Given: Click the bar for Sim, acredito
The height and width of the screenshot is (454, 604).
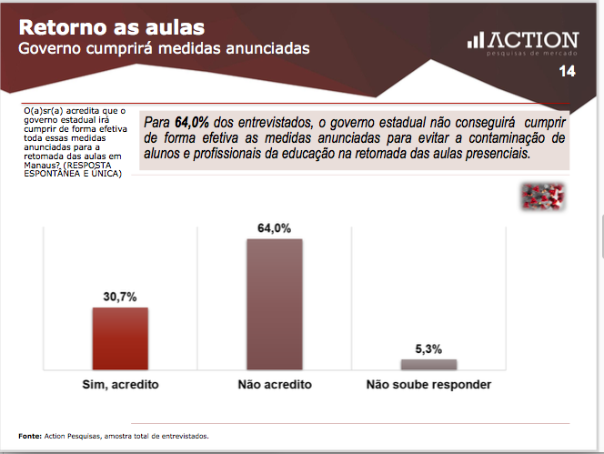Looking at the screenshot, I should [x=120, y=338].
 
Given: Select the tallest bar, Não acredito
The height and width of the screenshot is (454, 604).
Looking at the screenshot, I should [x=274, y=303].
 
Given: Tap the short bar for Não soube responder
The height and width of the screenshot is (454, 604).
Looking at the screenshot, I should [x=428, y=364].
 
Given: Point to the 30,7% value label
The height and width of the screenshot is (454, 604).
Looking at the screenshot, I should [x=120, y=297].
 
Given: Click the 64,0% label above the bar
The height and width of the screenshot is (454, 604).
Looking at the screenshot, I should [x=274, y=228].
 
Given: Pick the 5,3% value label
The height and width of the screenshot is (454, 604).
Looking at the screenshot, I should [x=428, y=348].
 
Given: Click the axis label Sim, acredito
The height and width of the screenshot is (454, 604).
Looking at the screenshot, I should [x=120, y=385].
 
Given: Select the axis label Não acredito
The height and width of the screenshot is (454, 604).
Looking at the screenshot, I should [x=274, y=385].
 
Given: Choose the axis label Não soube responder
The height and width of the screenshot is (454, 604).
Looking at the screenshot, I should [x=428, y=385].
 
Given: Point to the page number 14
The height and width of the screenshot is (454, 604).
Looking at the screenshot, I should [x=567, y=71].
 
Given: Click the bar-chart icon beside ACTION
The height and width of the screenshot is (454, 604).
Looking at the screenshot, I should [x=476, y=40].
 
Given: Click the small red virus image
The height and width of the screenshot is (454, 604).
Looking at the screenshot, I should [x=543, y=196].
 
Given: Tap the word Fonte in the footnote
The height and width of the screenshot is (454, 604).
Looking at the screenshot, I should [x=30, y=436].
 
